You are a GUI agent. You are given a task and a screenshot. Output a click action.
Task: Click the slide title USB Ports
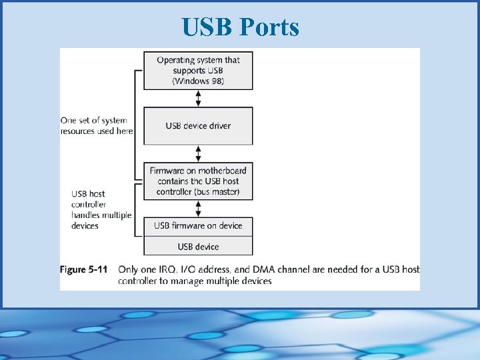tap(240, 27)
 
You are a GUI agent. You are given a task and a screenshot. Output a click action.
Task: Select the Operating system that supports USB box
tap(198, 70)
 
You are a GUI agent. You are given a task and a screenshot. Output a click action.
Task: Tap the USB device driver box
tap(198, 126)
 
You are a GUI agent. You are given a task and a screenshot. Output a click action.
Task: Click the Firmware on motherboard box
tap(198, 181)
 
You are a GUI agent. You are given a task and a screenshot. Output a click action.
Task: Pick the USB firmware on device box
tap(198, 225)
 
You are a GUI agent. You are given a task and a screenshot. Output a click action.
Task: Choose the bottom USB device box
tap(198, 247)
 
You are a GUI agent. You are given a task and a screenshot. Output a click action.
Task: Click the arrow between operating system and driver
tap(198, 98)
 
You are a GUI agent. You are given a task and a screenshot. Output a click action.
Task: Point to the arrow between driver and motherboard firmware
tap(198, 153)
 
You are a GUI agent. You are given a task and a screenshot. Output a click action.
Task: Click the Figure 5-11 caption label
tap(83, 270)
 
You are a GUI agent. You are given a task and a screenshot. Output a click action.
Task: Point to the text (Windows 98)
tap(198, 81)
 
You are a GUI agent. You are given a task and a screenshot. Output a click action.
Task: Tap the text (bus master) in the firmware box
tap(217, 192)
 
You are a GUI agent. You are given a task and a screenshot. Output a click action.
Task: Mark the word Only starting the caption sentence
tap(129, 270)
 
